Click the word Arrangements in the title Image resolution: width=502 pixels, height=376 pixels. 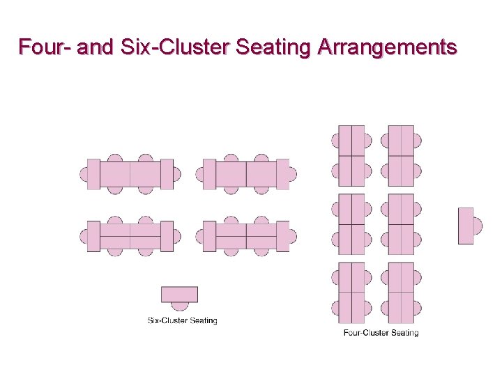pyautogui.click(x=387, y=47)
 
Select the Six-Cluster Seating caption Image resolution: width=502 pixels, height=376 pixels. pyautogui.click(x=182, y=321)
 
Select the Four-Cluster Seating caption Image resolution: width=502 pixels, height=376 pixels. pyautogui.click(x=381, y=333)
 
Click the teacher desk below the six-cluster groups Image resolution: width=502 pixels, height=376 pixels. pyautogui.click(x=179, y=294)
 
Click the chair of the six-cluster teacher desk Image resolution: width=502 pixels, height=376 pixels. pyautogui.click(x=180, y=306)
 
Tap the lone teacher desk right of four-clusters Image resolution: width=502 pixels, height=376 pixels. pyautogui.click(x=465, y=226)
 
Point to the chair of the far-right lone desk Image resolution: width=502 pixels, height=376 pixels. pyautogui.click(x=478, y=226)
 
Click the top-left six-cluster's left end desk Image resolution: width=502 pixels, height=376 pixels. pyautogui.click(x=93, y=174)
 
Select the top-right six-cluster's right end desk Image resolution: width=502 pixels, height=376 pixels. pyautogui.click(x=282, y=174)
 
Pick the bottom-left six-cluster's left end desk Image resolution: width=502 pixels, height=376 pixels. pyautogui.click(x=93, y=236)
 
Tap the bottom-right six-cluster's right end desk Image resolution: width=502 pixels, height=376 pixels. pyautogui.click(x=282, y=236)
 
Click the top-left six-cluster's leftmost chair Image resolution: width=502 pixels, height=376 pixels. pyautogui.click(x=84, y=174)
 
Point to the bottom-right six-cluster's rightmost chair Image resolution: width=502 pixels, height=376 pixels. pyautogui.click(x=293, y=236)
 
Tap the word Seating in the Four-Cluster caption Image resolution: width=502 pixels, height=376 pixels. pyautogui.click(x=404, y=333)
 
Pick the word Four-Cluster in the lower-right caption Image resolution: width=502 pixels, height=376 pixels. pyautogui.click(x=366, y=333)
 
